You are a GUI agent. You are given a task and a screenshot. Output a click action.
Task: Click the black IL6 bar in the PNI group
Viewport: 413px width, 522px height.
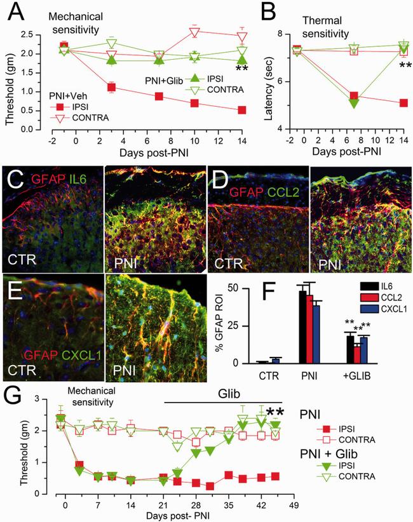(x=303, y=327)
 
